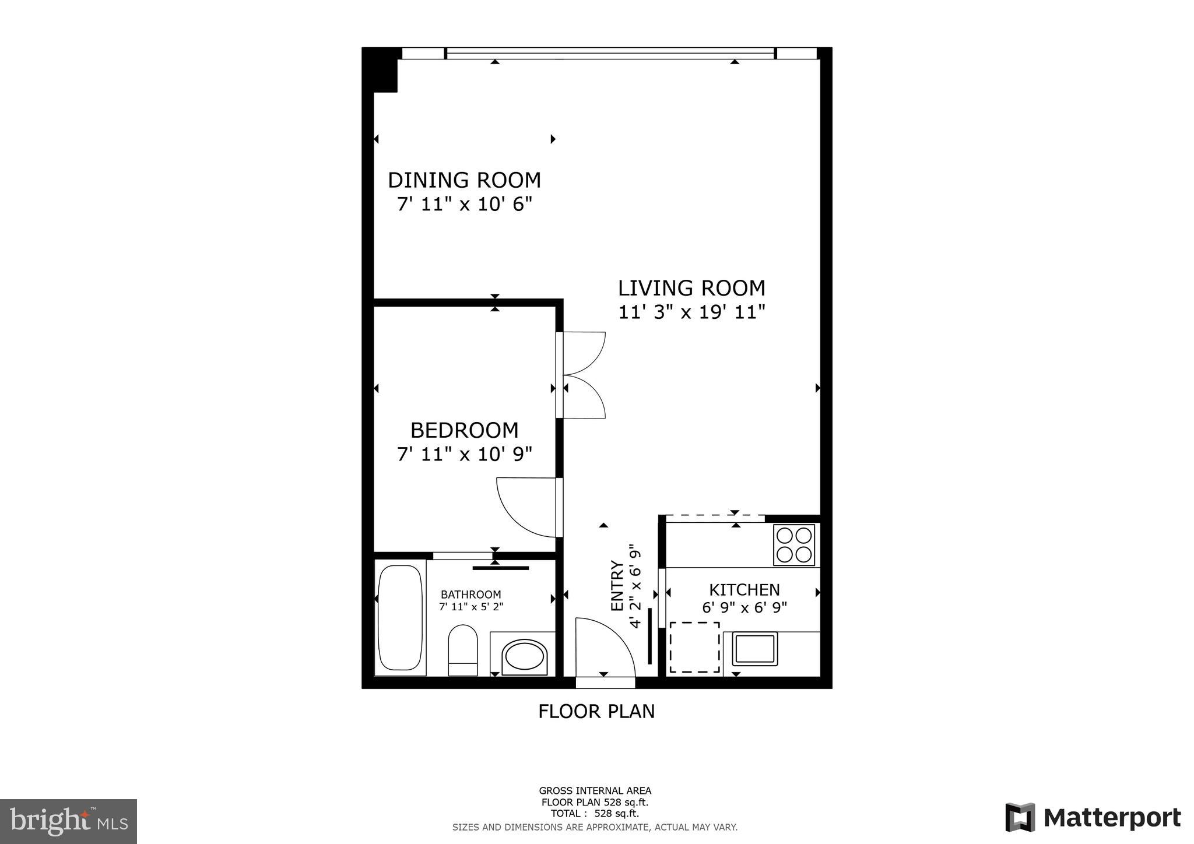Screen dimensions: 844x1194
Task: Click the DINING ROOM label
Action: click(464, 180)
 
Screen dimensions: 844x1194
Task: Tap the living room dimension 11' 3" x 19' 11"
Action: click(691, 312)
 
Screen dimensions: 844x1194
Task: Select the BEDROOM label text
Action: click(464, 430)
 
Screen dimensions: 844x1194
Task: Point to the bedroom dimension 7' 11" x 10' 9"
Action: click(464, 454)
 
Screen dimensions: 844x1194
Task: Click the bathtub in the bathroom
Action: click(400, 618)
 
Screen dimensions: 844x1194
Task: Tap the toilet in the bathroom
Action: click(463, 649)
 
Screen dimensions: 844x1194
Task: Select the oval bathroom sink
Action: click(524, 657)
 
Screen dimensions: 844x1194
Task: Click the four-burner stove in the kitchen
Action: click(793, 545)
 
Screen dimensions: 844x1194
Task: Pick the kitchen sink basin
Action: click(755, 649)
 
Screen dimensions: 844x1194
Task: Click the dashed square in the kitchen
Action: click(694, 647)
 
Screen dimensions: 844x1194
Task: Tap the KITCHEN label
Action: click(745, 590)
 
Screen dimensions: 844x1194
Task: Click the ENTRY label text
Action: click(616, 586)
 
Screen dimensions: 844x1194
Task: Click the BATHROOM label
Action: click(470, 595)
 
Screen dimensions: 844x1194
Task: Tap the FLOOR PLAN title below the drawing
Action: click(596, 712)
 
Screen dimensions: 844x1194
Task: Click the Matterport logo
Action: click(1093, 818)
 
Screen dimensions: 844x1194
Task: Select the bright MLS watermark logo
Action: click(69, 821)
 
